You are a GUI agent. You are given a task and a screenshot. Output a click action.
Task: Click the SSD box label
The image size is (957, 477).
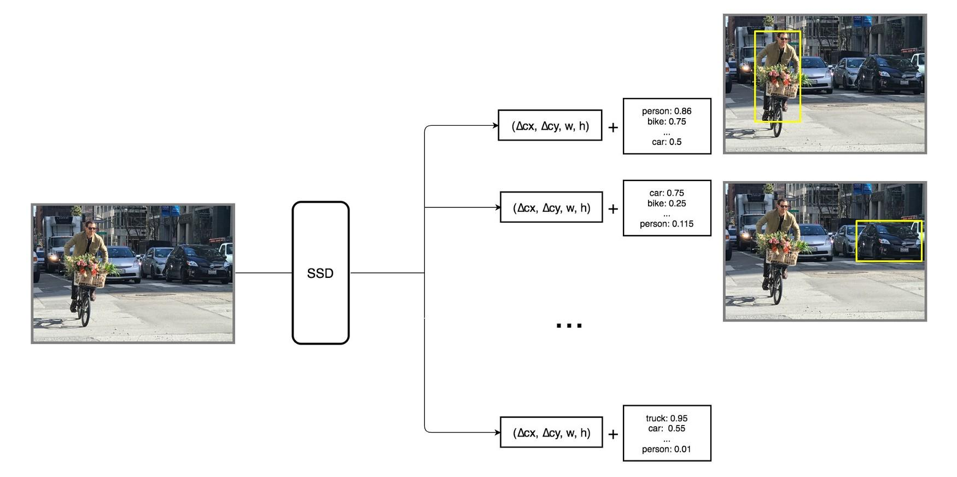click(320, 273)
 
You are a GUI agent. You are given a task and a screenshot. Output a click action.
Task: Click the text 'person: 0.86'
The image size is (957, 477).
click(666, 111)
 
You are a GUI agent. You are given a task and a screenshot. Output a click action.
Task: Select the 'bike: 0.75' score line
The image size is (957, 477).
click(666, 121)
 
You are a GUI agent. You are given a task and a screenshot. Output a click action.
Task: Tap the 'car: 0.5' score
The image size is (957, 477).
click(666, 142)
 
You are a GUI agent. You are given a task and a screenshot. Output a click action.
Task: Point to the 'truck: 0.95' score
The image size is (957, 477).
click(666, 418)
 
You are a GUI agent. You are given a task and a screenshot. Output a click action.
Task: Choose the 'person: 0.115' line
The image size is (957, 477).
click(666, 224)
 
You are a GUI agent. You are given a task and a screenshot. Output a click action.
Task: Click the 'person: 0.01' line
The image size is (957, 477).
click(666, 449)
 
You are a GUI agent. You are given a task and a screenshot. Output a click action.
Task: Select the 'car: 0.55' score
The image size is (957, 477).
click(666, 428)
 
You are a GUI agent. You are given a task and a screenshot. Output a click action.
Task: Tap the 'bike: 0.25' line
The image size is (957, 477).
click(666, 203)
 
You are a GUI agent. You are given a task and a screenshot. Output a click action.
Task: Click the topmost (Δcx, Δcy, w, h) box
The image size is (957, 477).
click(550, 126)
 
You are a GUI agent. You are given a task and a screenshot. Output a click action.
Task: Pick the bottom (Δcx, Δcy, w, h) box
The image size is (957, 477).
click(551, 433)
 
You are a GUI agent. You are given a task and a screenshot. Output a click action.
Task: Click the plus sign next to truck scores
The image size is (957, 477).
click(613, 434)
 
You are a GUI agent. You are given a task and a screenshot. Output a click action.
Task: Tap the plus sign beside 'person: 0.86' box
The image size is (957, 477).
click(613, 127)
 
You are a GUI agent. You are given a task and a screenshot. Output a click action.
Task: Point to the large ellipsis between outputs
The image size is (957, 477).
click(569, 325)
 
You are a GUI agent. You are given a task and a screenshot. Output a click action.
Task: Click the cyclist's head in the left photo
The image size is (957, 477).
click(91, 225)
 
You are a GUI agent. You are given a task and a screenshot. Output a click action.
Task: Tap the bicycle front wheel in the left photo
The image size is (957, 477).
click(85, 312)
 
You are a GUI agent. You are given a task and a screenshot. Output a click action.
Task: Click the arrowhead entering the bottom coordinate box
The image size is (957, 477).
click(498, 433)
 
